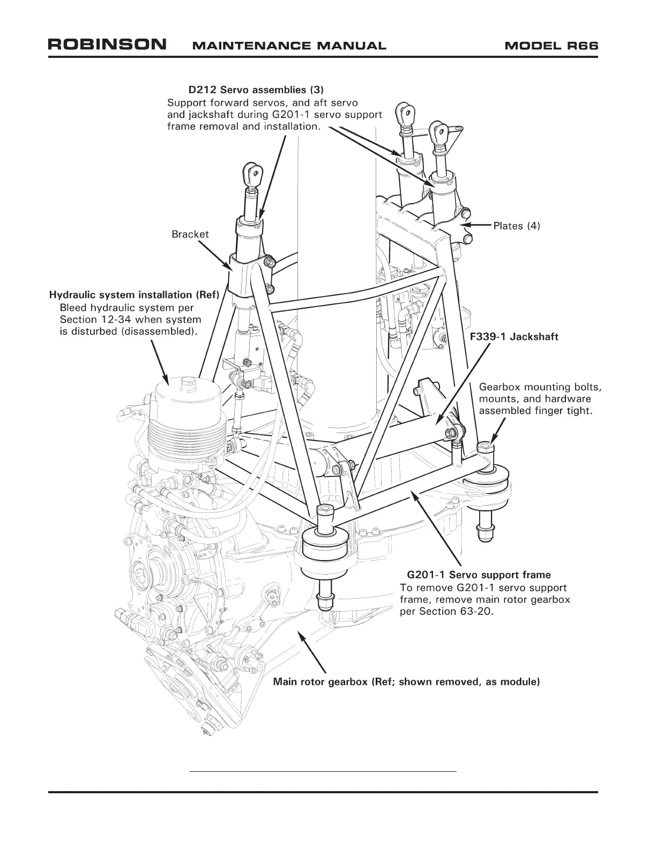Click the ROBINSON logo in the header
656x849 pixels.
[107, 44]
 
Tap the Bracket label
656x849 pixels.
[190, 234]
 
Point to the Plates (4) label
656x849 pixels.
[517, 226]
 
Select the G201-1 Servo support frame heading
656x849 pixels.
[479, 575]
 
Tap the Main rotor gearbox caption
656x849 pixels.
[406, 682]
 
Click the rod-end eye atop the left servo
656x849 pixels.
[252, 173]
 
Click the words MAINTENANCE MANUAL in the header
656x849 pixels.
[288, 46]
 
